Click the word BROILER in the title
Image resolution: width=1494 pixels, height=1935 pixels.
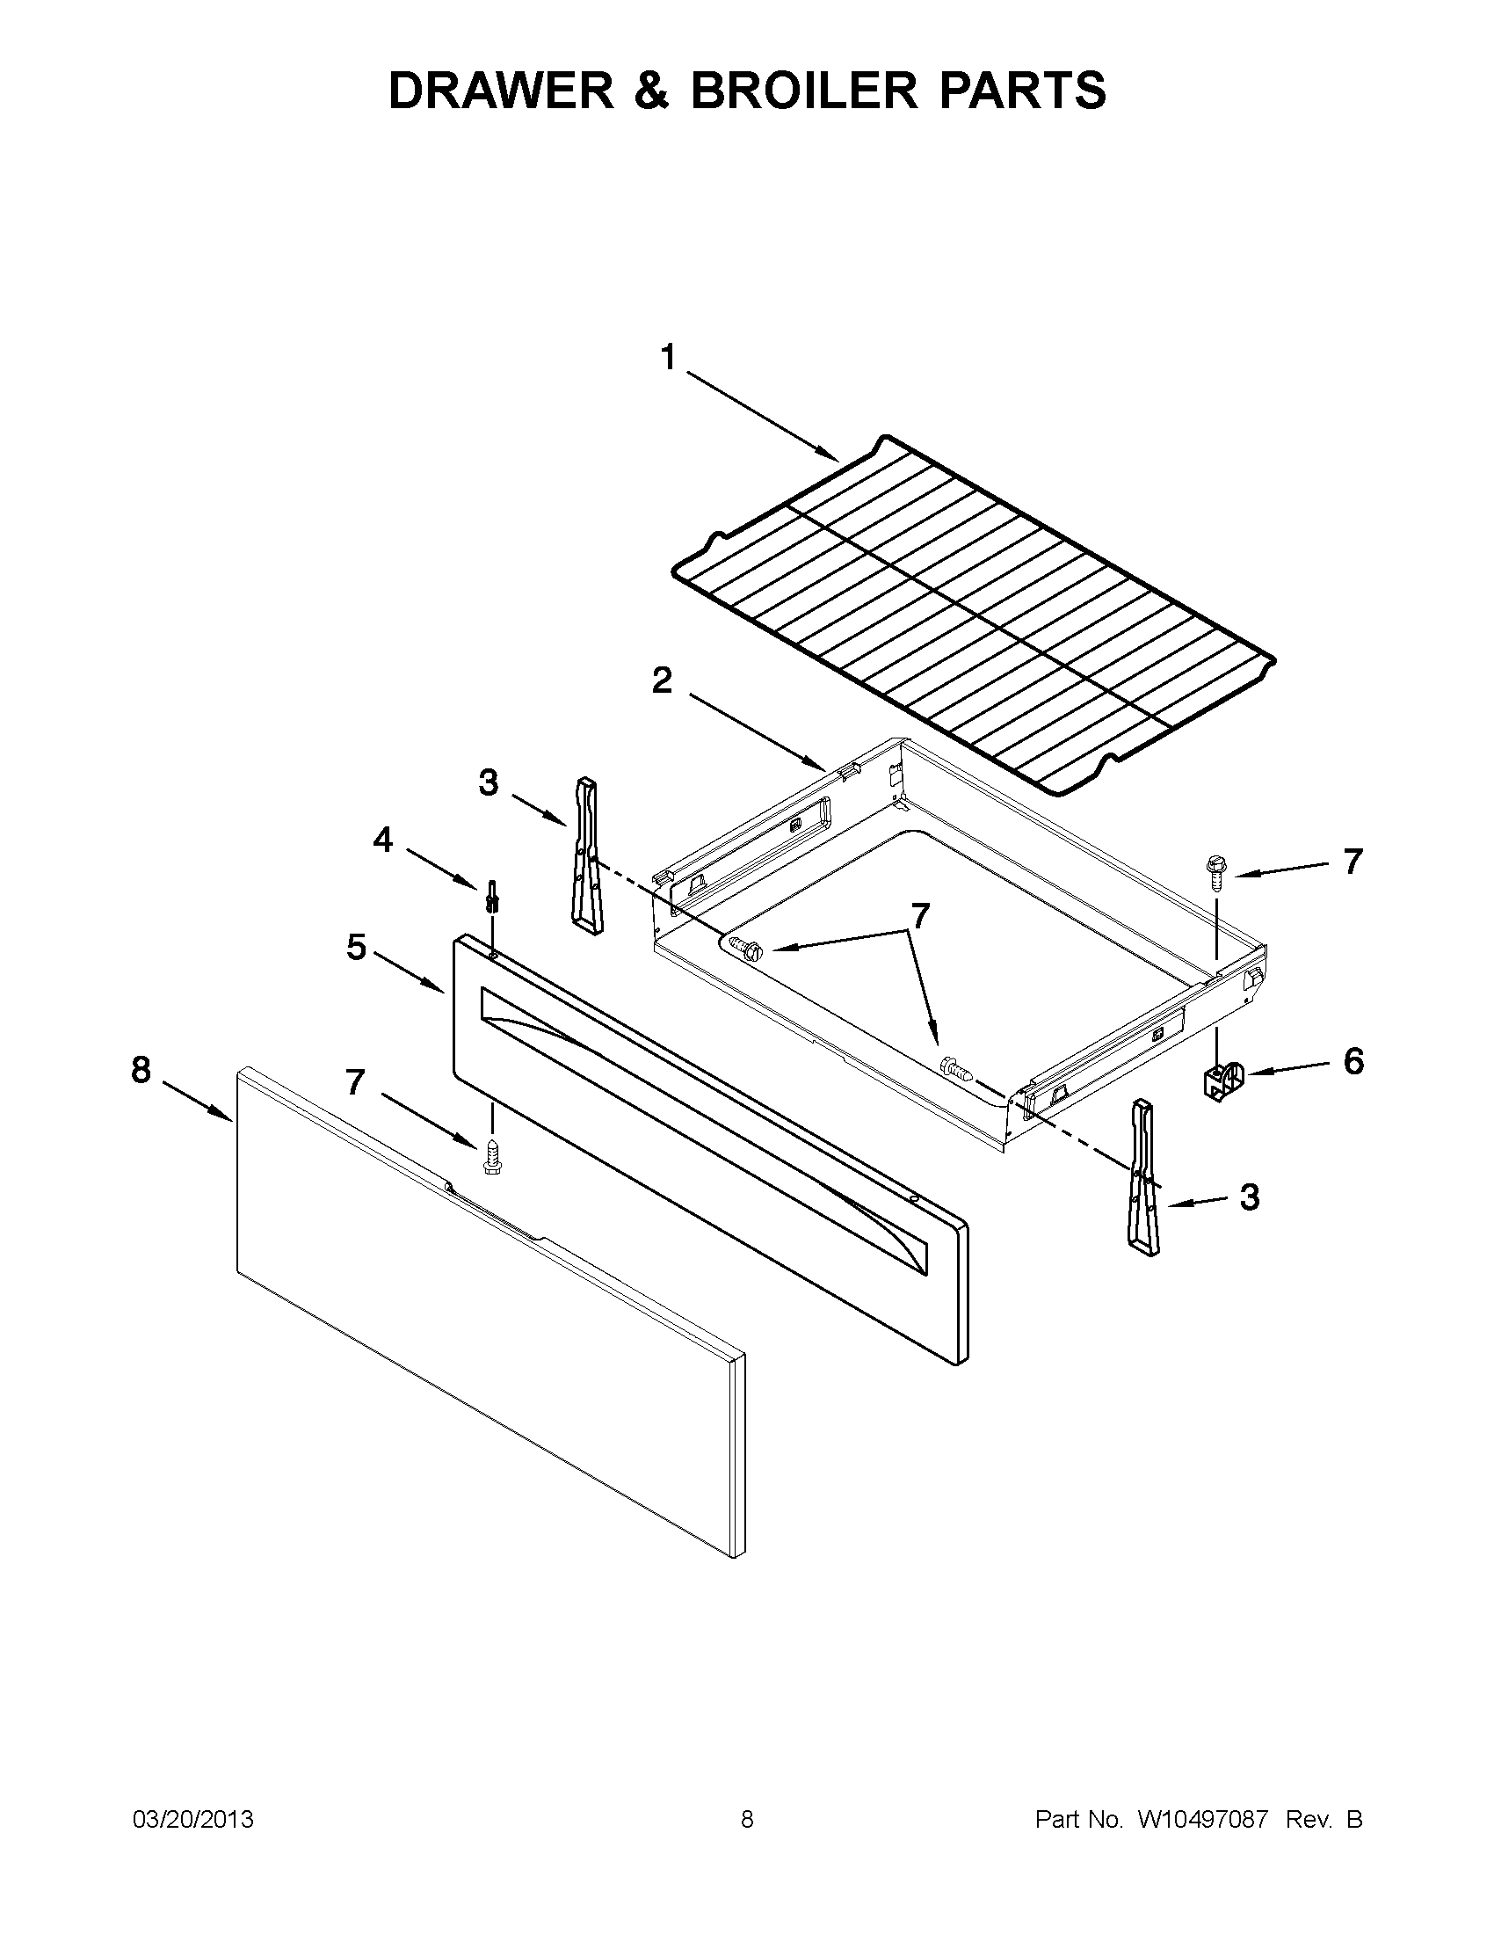pos(804,91)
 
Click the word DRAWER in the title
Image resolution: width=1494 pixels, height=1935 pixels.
pos(501,91)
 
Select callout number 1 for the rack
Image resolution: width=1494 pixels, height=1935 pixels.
pos(668,359)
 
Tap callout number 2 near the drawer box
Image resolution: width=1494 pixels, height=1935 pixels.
pos(662,680)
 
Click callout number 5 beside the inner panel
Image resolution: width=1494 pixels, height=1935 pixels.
pos(356,947)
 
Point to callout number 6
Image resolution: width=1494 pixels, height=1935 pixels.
pos(1353,1060)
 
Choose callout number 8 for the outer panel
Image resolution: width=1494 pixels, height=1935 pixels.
pos(141,1071)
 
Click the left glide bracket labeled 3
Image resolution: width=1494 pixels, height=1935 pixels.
pos(586,855)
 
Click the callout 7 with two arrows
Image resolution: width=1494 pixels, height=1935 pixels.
pos(921,915)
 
